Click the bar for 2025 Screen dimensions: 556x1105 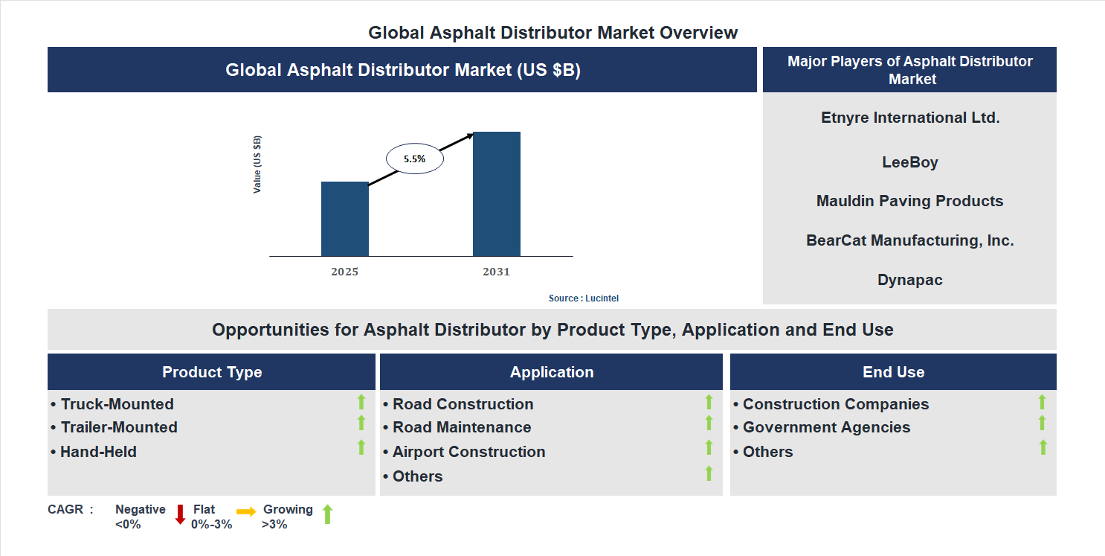point(344,219)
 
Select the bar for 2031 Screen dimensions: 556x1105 point(496,194)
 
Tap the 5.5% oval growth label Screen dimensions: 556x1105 point(414,159)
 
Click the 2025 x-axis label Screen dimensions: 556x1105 point(344,272)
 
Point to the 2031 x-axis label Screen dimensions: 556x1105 point(496,272)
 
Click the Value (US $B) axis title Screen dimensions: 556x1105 point(257,164)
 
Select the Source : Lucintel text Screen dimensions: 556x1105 point(583,298)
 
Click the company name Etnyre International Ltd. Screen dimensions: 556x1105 point(909,118)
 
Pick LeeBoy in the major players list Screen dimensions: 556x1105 point(909,162)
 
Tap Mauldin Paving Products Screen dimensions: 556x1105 point(909,201)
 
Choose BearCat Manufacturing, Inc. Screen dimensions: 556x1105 point(909,240)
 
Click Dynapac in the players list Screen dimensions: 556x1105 point(909,280)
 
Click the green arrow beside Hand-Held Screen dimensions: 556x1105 point(361,447)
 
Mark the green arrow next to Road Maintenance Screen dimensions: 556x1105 point(709,424)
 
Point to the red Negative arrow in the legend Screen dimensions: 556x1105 point(180,514)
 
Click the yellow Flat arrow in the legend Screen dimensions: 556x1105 point(246,511)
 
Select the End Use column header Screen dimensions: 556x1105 point(893,372)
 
